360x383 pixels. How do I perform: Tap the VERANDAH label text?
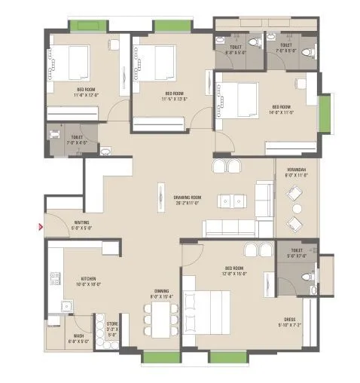pyautogui.click(x=295, y=171)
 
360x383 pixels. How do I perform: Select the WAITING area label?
pyautogui.click(x=82, y=224)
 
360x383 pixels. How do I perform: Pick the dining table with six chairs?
pyautogui.click(x=159, y=319)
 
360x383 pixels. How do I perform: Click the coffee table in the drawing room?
pyautogui.click(x=234, y=201)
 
